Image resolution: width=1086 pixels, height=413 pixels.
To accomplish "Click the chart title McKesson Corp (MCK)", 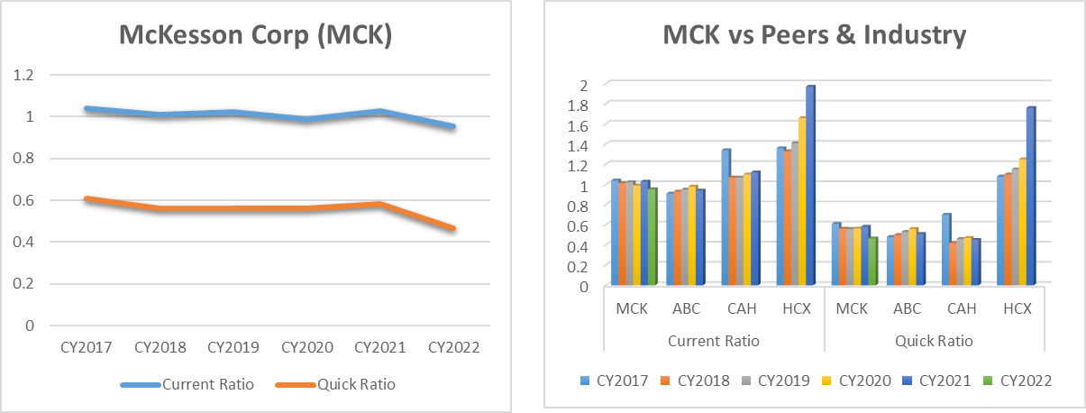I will pos(256,36).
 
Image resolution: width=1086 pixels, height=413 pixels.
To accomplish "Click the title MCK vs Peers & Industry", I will pos(814,36).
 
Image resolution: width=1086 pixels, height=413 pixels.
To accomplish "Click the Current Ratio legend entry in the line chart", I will pos(187,384).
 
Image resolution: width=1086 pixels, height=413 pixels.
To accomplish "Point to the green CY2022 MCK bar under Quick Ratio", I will pos(872,262).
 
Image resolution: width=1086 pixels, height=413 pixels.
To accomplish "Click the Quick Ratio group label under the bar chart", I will pos(934,341).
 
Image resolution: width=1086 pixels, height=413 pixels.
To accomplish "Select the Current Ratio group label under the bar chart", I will pos(714,341).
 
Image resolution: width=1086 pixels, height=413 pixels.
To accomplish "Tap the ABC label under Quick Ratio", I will pos(907,308).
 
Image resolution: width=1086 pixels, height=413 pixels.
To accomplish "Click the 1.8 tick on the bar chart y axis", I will pos(583,105).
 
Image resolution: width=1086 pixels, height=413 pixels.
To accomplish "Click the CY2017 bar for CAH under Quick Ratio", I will pos(945,251).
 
